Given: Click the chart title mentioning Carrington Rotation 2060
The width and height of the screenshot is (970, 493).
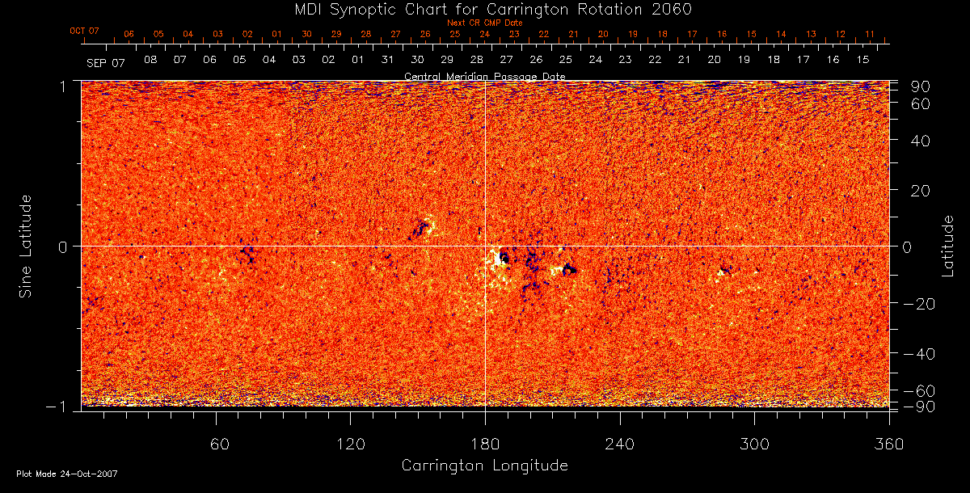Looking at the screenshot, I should pos(485,9).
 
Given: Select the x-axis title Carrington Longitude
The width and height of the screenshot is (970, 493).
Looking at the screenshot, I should pos(485,466).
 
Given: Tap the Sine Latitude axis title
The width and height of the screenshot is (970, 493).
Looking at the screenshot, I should pos(26,246).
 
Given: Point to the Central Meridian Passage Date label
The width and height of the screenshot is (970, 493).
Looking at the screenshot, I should pos(485,76).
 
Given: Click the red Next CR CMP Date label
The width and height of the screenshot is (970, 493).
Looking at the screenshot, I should pos(485,23).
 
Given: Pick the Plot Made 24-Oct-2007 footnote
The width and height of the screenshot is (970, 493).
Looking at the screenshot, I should pos(67,474).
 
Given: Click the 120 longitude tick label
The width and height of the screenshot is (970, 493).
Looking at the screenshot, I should pos(351,444).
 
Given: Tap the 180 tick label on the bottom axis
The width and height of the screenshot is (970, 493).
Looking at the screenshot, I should pos(485,444).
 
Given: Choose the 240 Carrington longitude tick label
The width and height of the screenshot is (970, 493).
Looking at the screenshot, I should pos(620,444).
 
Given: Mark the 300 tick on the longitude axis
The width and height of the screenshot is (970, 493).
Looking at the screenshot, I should pos(754,444).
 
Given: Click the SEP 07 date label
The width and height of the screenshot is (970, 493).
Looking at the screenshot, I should pos(106,62).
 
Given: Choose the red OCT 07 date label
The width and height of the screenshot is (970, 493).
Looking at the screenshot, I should pos(84,31).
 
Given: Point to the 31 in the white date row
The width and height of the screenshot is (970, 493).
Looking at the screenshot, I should pos(387,61).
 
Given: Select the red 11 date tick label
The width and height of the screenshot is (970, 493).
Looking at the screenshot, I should pos(870,34).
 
